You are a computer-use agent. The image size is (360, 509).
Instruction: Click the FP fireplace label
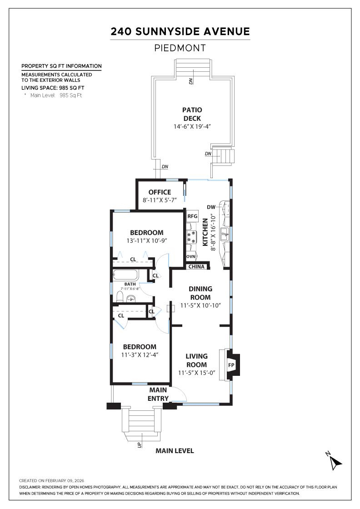(231, 365)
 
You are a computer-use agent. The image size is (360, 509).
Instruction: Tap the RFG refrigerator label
(193, 216)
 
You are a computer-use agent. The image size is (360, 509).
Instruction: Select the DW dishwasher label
(211, 207)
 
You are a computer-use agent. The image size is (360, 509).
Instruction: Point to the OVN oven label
(191, 257)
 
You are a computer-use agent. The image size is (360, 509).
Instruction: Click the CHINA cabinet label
(196, 266)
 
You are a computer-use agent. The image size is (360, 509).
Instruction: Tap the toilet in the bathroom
(120, 297)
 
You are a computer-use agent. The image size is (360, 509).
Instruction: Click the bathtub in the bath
(125, 275)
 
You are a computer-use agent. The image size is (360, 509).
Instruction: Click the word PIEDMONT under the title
(180, 48)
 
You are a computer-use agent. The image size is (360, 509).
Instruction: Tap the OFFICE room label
(160, 192)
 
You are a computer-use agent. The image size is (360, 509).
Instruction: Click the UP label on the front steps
(140, 445)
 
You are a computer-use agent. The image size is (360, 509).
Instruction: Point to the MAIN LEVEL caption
(175, 451)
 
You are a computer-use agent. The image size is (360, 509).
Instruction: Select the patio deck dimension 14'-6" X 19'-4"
(192, 127)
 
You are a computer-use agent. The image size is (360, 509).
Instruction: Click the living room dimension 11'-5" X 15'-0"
(196, 373)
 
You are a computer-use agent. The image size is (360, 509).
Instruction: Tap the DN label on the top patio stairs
(191, 81)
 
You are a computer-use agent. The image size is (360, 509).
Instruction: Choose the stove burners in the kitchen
(192, 237)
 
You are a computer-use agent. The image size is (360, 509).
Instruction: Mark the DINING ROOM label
(201, 293)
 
